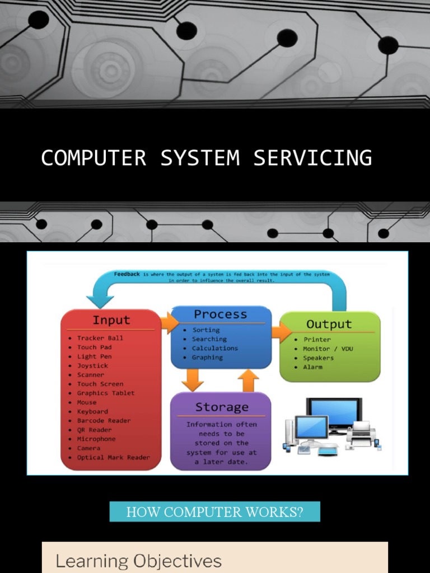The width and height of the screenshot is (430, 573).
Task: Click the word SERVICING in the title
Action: point(312,158)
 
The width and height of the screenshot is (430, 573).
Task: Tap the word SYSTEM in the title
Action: point(200,158)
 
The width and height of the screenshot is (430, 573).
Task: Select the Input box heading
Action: point(111,320)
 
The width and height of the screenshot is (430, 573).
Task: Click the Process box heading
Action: point(220,314)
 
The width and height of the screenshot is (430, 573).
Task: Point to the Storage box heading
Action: point(221,407)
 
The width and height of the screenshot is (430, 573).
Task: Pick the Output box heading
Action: point(329,324)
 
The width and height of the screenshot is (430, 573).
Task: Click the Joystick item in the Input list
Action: point(92,365)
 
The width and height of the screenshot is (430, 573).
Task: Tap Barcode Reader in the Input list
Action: point(104,421)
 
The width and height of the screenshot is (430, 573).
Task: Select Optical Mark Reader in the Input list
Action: point(113,457)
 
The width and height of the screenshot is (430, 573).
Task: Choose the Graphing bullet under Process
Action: point(207,357)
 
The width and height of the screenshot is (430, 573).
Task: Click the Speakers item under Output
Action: point(318,358)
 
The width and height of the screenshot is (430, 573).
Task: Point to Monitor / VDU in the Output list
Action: point(328,349)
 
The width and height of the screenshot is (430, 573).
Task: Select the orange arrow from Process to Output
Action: point(281,331)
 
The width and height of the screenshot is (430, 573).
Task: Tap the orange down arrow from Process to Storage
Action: point(193,380)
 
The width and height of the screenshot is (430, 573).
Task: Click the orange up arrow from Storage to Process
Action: point(248,380)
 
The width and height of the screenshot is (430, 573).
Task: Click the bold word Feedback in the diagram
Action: point(127,274)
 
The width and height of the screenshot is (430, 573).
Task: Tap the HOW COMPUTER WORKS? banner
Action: point(214,511)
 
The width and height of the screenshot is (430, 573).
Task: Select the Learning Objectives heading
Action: point(138,561)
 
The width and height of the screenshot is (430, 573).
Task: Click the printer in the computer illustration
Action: point(361,434)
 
